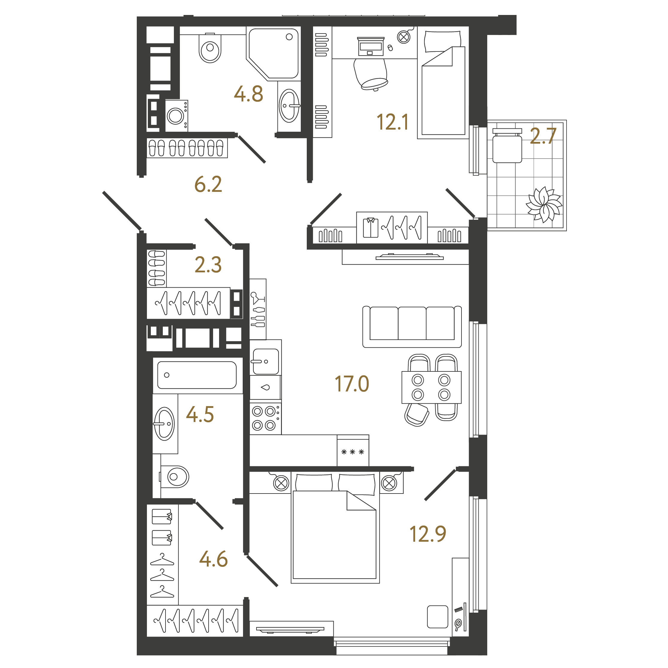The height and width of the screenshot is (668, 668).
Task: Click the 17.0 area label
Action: (x=352, y=384)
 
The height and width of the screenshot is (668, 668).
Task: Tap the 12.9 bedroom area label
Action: (x=428, y=534)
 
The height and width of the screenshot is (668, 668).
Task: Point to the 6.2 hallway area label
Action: (x=208, y=184)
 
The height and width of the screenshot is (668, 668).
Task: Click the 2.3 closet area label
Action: (x=208, y=265)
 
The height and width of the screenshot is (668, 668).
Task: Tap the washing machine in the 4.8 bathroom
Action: (x=176, y=116)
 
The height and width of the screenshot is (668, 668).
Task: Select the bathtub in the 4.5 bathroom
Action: (x=197, y=375)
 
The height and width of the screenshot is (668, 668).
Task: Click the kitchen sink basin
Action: (x=265, y=361)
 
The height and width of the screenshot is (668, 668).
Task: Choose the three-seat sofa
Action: (x=412, y=327)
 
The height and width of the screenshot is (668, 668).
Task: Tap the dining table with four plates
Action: (x=432, y=387)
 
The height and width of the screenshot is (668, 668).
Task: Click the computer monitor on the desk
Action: (x=371, y=47)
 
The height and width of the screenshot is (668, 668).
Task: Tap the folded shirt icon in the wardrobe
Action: (x=371, y=227)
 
